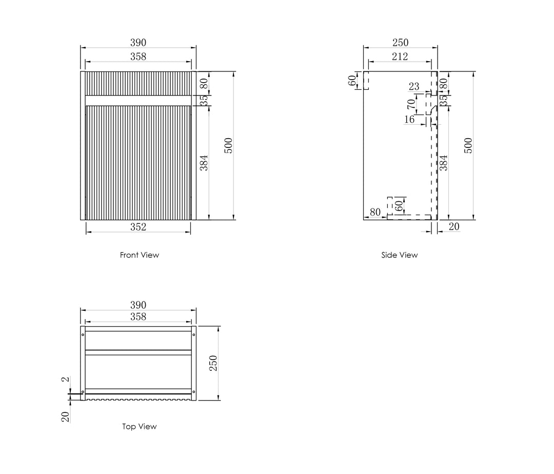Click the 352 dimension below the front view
(x=138, y=227)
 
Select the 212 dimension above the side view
(x=400, y=56)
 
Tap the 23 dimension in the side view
(x=414, y=86)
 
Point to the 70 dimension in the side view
(x=411, y=104)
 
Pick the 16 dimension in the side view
(x=409, y=120)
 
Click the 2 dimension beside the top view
(x=66, y=379)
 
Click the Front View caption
(x=139, y=255)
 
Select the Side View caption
(x=399, y=255)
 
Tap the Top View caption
(x=139, y=427)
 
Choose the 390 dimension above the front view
(x=138, y=43)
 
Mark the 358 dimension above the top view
(x=138, y=316)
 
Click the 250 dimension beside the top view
(x=213, y=363)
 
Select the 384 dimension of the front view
(x=204, y=163)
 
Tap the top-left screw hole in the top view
(x=83, y=335)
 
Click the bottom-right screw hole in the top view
(x=193, y=392)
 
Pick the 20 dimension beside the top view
(x=66, y=416)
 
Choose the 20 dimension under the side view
(x=454, y=226)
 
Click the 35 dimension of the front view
(x=204, y=101)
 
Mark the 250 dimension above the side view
(x=400, y=43)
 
